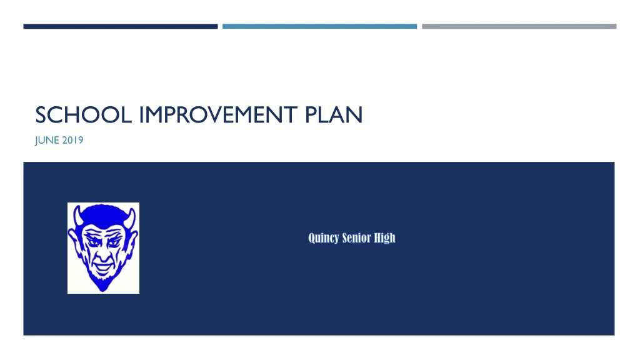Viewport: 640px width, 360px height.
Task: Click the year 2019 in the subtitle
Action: [73, 140]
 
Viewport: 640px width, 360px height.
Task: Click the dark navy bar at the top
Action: [120, 26]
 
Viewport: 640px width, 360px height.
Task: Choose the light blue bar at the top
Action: [319, 26]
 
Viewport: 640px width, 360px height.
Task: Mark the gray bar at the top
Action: [519, 26]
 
